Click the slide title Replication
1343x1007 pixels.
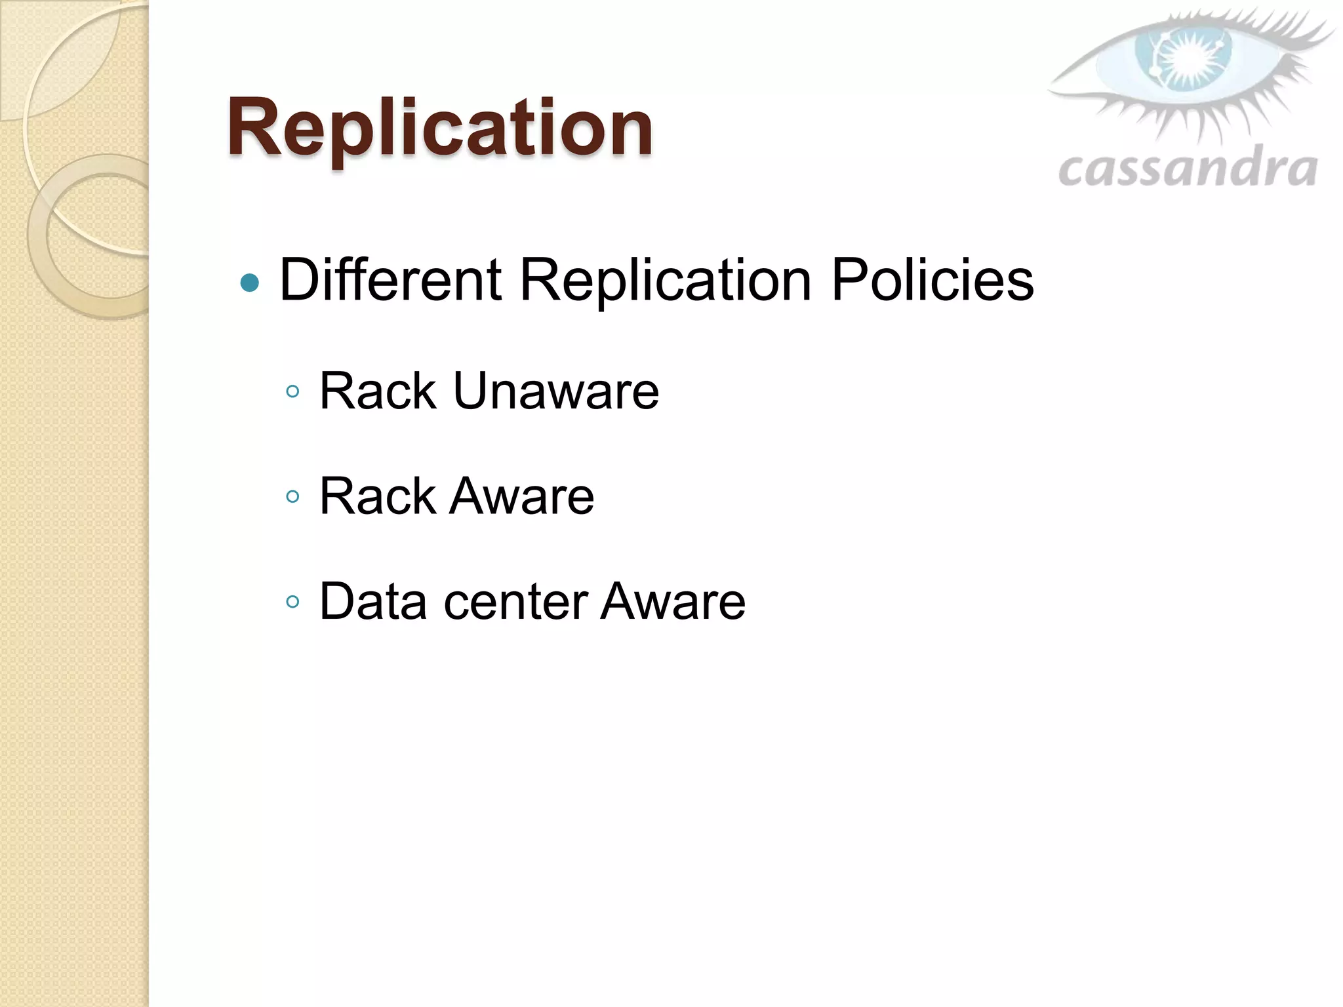[x=439, y=128]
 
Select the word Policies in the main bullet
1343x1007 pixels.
[x=932, y=280]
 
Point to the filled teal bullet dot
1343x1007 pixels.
[x=250, y=283]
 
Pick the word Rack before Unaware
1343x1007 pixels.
[x=378, y=391]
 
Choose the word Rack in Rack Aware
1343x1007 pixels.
[x=378, y=496]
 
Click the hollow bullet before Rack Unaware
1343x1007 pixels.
[x=293, y=392]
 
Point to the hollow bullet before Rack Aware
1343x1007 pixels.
[x=293, y=496]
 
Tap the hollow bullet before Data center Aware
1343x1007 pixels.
[x=293, y=601]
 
